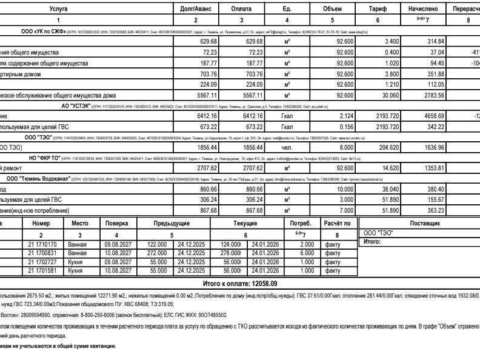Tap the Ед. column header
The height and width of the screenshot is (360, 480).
point(287,9)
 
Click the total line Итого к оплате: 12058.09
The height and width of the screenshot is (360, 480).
point(240,283)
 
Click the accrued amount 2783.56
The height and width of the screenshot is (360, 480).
point(433,95)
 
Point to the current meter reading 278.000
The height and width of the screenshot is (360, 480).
point(231,253)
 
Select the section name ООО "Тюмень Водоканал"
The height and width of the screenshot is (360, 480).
point(39,179)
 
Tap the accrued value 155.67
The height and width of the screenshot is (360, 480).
point(433,199)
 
